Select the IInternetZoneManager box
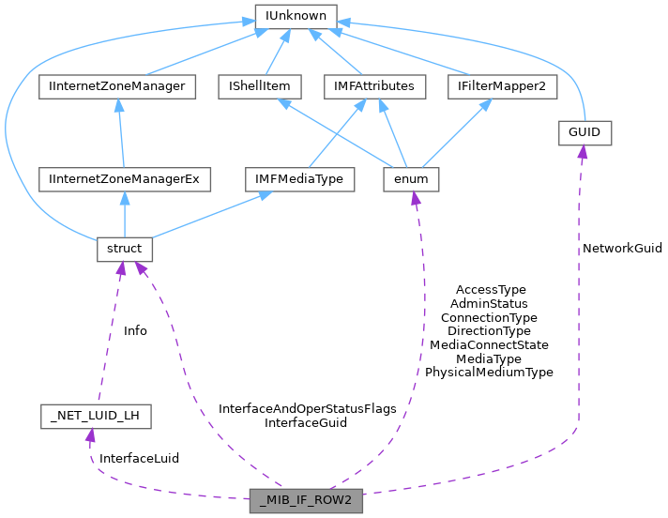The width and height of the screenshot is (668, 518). coord(116,87)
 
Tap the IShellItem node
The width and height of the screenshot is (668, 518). coord(259,87)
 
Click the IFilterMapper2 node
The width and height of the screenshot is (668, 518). coord(502,87)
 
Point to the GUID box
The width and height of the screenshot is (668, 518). coord(584,133)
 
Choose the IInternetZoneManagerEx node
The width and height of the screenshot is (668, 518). coord(126,178)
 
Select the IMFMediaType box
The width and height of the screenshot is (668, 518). coord(299,178)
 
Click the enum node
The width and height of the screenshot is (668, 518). coord(412,178)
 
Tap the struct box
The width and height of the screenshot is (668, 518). coord(125,250)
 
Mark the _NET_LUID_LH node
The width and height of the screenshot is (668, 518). coord(96,416)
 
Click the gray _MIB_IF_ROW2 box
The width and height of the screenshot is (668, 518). coord(307,499)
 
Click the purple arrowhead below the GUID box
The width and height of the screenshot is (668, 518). coord(582,152)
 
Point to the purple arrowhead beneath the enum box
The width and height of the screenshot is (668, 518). coord(416,198)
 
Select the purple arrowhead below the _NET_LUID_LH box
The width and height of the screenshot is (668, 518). coord(90,435)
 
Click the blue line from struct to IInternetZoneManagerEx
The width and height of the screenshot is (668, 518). coord(125,214)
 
